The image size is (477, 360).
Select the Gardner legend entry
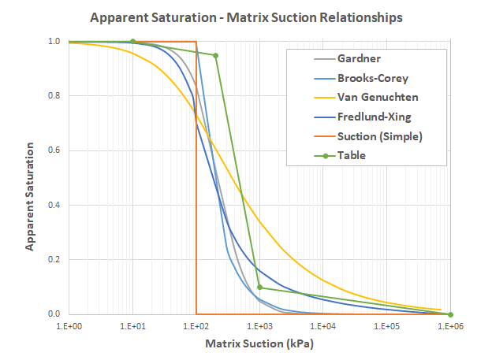tap(358, 58)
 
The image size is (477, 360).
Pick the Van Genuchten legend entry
tap(377, 97)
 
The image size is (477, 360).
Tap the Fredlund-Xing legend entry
tap(375, 117)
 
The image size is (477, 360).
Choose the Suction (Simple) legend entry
tap(379, 135)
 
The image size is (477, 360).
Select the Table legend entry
tap(351, 155)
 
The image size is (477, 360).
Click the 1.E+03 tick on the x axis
tap(259, 326)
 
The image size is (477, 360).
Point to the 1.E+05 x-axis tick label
tap(386, 326)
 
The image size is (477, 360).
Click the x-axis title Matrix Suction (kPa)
tap(259, 344)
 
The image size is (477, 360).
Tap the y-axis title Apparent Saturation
tap(29, 196)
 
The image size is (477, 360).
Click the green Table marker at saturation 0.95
tap(215, 55)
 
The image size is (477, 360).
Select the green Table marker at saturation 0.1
tap(259, 288)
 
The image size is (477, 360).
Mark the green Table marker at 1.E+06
tap(450, 314)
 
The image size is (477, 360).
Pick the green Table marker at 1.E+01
tap(132, 42)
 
